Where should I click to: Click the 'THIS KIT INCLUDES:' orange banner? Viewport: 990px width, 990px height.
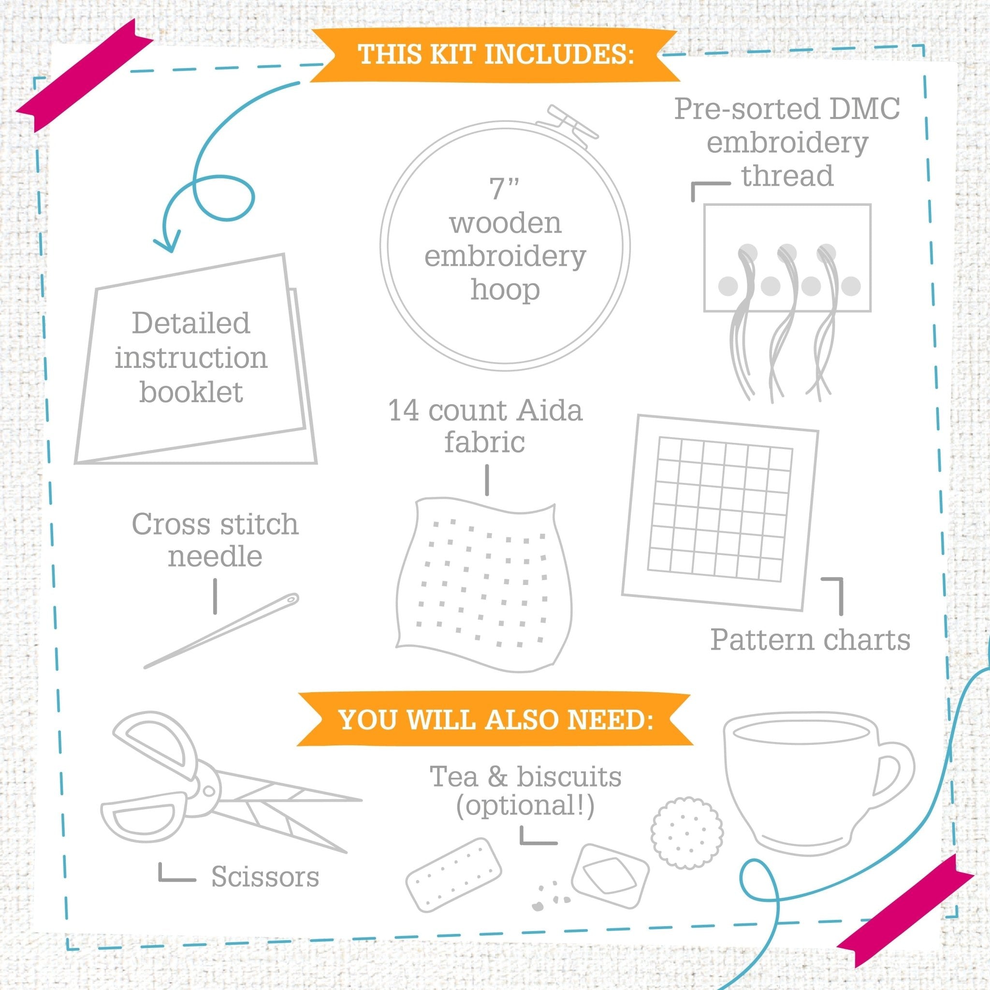[x=495, y=55]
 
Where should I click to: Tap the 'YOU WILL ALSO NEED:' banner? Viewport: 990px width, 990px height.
[x=495, y=720]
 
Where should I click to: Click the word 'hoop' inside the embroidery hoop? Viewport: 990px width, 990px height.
[x=505, y=291]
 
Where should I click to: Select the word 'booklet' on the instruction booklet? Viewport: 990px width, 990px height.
[x=191, y=393]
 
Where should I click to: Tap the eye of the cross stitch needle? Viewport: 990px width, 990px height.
[x=291, y=598]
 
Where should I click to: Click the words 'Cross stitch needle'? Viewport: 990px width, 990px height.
[x=215, y=540]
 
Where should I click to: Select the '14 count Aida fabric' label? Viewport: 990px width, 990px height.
[x=485, y=426]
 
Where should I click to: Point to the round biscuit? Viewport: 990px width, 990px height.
[x=686, y=833]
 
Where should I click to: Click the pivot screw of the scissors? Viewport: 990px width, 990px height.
[x=208, y=791]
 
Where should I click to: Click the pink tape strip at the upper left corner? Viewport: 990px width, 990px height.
[x=85, y=77]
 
